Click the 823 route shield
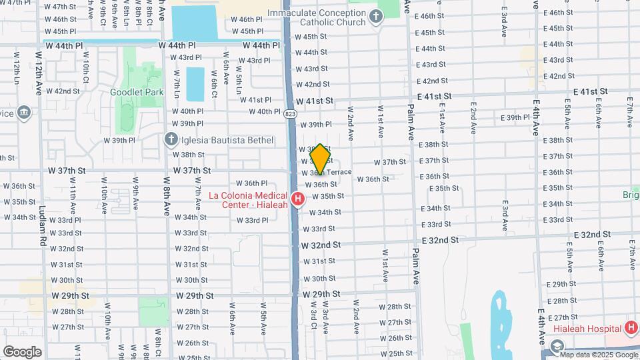pos(289,113)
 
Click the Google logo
pos(22,351)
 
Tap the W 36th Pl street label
pos(251,183)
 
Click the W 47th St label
pos(61,7)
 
